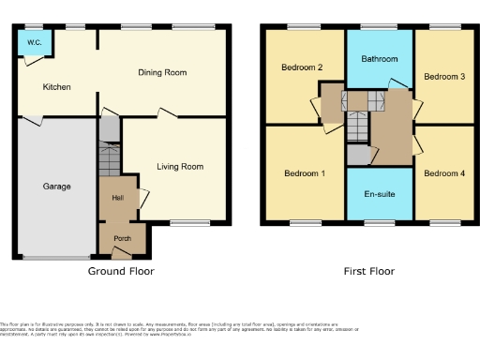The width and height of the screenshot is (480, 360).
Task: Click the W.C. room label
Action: tap(34, 42)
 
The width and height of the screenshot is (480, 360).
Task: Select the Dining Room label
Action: tap(163, 72)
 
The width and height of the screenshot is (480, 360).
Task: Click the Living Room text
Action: tap(180, 167)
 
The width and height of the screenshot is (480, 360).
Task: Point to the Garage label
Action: tap(56, 187)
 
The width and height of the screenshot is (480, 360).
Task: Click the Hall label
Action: tap(118, 198)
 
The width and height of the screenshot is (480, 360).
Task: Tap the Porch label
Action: tap(122, 237)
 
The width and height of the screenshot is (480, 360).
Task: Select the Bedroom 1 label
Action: tap(304, 173)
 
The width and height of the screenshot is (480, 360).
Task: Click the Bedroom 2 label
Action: tap(301, 67)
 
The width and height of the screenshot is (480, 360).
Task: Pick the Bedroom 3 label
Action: tap(443, 76)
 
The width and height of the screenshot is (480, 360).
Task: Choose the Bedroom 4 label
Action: tap(443, 173)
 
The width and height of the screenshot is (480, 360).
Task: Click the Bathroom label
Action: tap(380, 58)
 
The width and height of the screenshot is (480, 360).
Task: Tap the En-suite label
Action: tap(380, 194)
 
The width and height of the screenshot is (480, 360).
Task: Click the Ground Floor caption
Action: tap(121, 271)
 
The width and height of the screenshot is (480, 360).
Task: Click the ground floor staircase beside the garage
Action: tap(110, 160)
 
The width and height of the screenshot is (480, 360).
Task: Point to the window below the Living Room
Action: tap(189, 222)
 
